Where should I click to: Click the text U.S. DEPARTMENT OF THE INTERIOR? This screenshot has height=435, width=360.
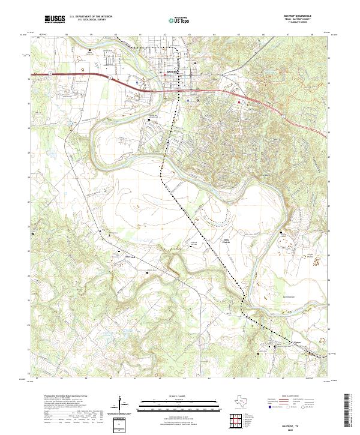pos(91,16)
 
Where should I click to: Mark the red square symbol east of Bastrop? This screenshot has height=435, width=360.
pos(239,101)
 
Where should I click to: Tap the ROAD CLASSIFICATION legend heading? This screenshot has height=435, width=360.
pos(292,397)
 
